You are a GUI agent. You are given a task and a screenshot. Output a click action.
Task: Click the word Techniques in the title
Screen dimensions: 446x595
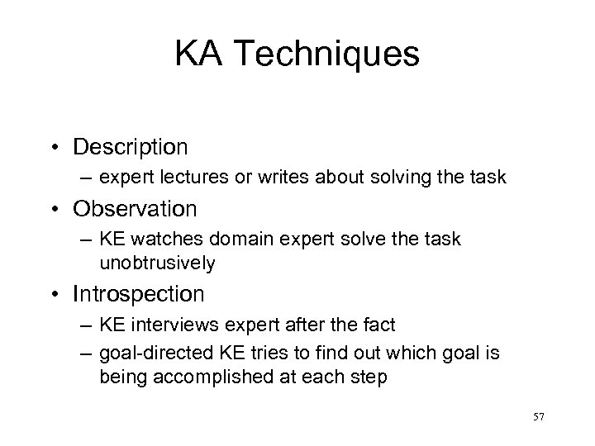point(323,55)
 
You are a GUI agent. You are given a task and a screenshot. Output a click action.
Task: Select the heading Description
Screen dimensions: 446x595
point(131,147)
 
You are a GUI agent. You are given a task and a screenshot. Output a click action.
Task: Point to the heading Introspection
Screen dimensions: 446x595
point(139,293)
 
